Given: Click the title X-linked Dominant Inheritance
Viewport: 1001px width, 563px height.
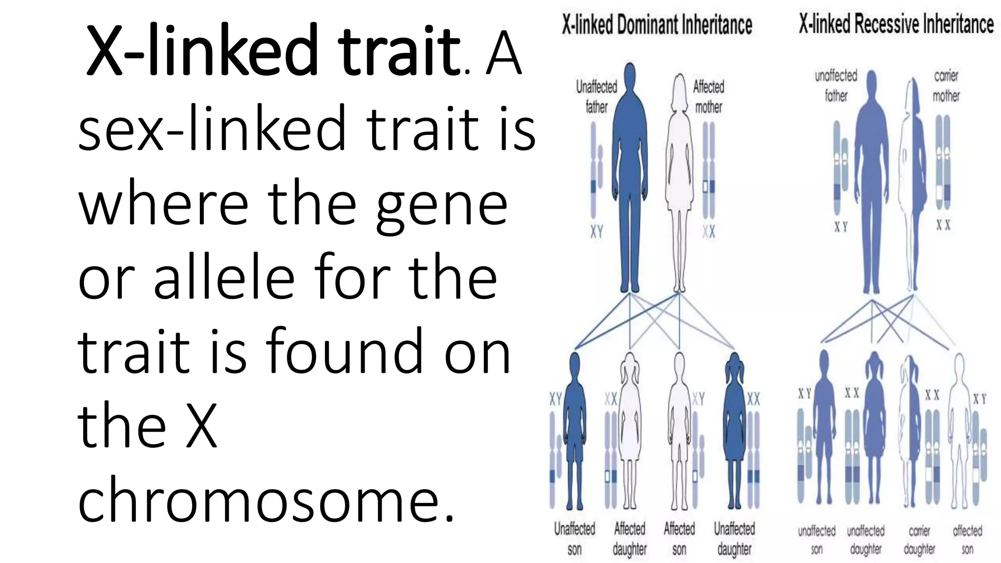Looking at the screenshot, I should coord(656,24).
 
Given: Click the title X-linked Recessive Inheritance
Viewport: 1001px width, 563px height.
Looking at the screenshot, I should coord(896,23).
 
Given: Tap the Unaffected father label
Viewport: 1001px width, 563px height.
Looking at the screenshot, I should coord(596,97).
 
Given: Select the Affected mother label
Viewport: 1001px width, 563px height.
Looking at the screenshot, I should coord(708,97).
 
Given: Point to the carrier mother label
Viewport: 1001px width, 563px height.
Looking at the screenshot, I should coord(946,86).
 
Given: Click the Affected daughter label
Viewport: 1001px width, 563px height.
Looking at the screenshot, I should coord(630,538).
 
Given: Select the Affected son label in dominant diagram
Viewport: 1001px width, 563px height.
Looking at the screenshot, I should coord(679,538).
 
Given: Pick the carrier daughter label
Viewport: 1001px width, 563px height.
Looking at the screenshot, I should coord(919,540).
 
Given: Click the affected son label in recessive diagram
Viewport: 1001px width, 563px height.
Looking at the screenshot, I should coord(967,540).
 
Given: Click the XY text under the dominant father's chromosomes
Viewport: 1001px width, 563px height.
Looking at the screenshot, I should coord(596,232).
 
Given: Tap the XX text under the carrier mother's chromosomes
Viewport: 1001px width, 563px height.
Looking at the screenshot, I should coord(943,225).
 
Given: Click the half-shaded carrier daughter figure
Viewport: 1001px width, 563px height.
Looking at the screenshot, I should coord(910,430).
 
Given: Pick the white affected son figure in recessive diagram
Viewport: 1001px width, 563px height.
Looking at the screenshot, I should coord(959,430).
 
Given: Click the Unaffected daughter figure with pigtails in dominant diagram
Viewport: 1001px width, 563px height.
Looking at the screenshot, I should coord(734,430).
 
